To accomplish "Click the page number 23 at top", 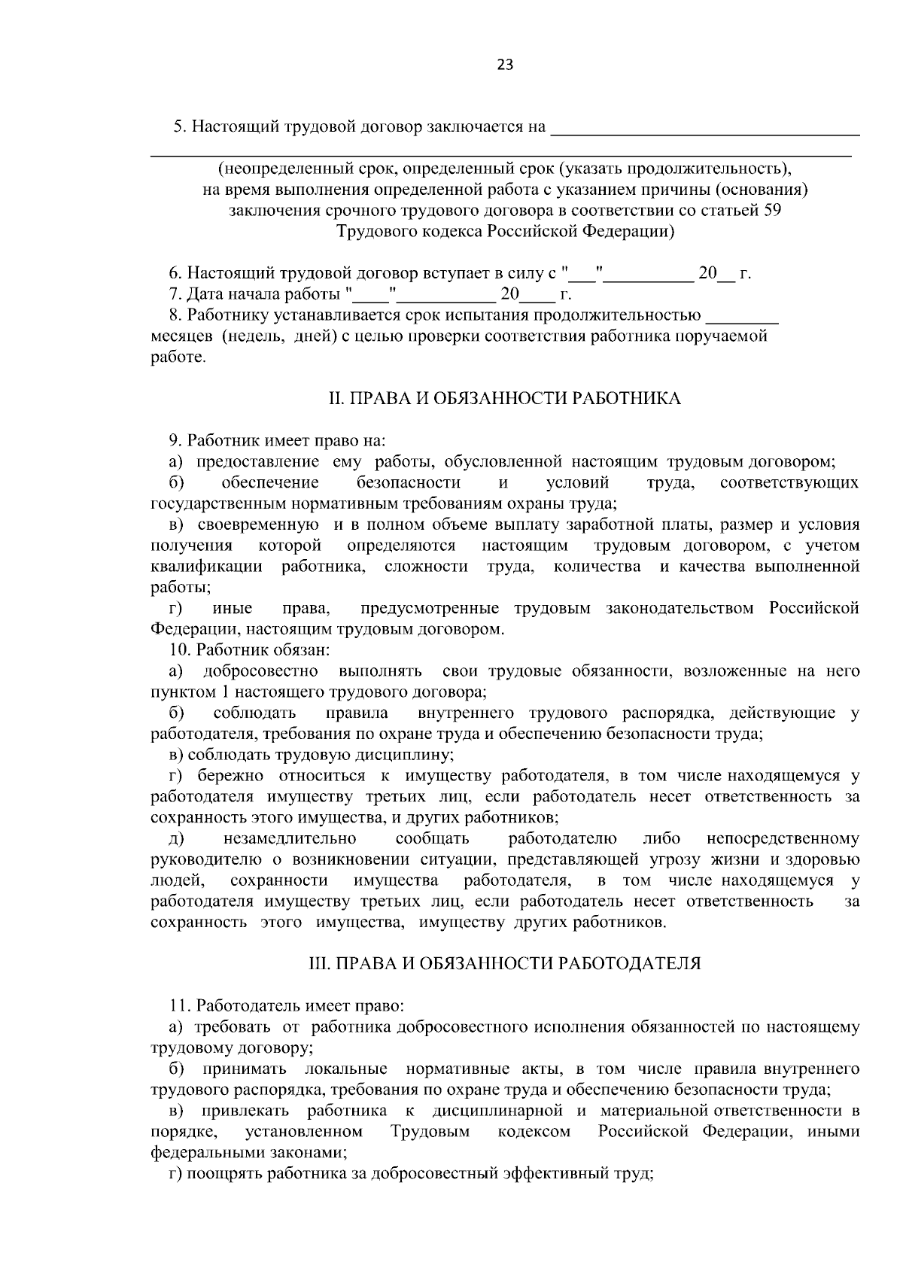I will point(505,65).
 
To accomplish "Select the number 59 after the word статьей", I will point(772,211).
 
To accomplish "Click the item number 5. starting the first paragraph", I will point(179,126).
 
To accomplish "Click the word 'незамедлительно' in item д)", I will point(290,838).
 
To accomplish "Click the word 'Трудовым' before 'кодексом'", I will point(430,1131).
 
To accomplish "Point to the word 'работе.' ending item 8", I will point(178,357).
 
